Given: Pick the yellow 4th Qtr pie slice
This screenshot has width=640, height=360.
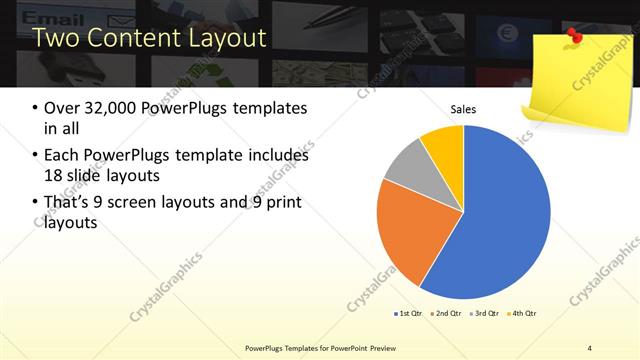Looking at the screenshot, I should click(443, 143).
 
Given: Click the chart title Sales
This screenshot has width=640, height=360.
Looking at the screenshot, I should click(463, 109).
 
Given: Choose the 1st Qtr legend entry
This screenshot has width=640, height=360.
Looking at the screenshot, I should click(409, 314).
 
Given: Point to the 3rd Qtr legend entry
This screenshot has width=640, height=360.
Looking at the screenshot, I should click(484, 314).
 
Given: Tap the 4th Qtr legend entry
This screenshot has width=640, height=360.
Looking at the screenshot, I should click(522, 314).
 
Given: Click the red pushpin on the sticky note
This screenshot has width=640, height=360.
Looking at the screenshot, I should click(574, 37).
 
